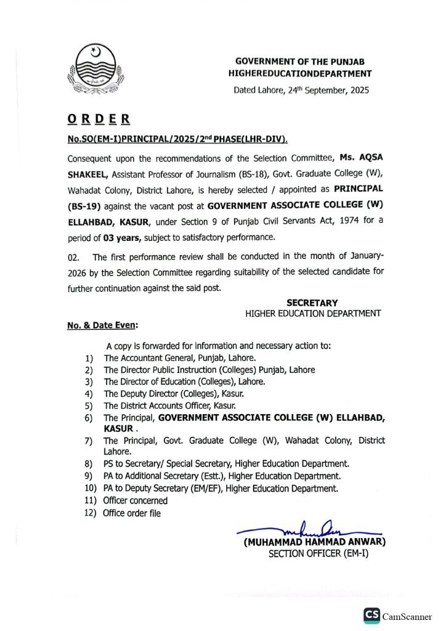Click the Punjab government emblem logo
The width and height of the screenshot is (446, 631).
pyautogui.click(x=95, y=69)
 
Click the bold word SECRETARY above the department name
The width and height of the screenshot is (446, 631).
pyautogui.click(x=312, y=303)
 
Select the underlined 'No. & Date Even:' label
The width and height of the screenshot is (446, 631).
pyautogui.click(x=102, y=325)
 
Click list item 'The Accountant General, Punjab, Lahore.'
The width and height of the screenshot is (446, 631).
pyautogui.click(x=180, y=357)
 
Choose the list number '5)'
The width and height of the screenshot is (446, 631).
pyautogui.click(x=89, y=405)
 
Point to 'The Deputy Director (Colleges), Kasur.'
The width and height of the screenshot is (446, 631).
pyautogui.click(x=174, y=393)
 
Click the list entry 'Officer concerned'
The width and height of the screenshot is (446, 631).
pyautogui.click(x=135, y=501)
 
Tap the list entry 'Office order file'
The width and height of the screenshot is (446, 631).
pyautogui.click(x=132, y=513)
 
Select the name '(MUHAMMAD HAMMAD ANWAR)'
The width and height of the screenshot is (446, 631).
pyautogui.click(x=314, y=542)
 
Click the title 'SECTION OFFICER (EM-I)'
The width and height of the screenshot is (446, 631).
pyautogui.click(x=318, y=554)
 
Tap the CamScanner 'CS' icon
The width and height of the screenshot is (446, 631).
pyautogui.click(x=371, y=616)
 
